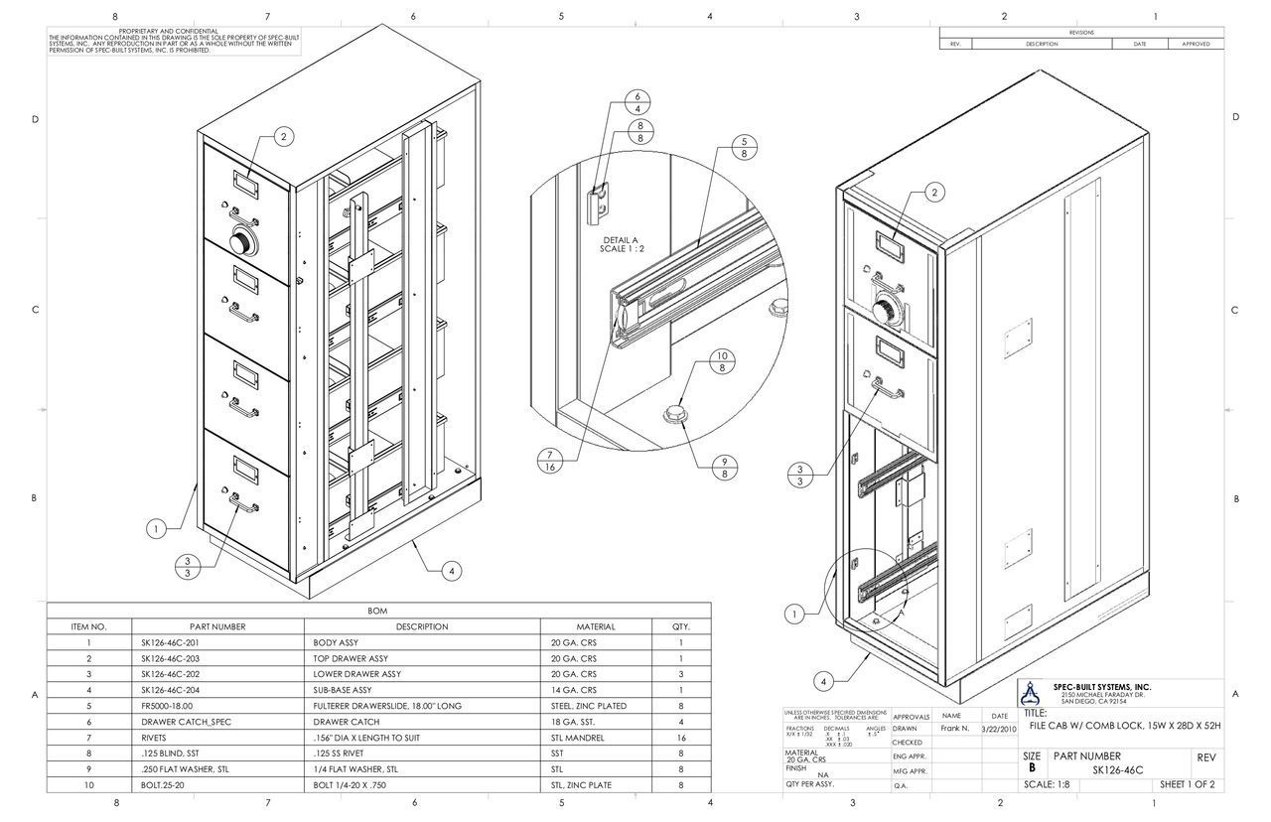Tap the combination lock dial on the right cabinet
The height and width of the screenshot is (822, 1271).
pos(886,309)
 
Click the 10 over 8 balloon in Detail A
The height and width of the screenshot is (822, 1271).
pos(722,361)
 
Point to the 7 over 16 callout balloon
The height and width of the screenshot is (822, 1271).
pos(548,462)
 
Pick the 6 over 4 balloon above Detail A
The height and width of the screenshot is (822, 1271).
pos(637,102)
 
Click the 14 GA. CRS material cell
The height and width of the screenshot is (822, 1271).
pos(574,690)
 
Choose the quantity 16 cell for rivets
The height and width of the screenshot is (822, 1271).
pos(681,738)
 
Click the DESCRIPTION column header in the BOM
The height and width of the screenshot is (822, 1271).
pos(422,626)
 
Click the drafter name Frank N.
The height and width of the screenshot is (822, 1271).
pos(954,729)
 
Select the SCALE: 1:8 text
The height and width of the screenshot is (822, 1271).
pos(1055,785)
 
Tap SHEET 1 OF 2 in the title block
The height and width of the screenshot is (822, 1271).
pos(1187,785)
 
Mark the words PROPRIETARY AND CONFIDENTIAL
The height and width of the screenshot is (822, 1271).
pos(175,32)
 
